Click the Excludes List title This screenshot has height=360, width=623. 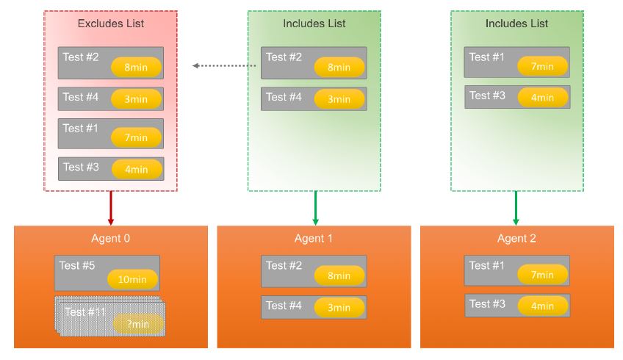(x=111, y=24)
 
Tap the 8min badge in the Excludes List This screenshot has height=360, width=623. (x=137, y=67)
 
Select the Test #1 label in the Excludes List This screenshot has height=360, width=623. (x=80, y=129)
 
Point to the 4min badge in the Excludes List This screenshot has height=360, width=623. (x=137, y=169)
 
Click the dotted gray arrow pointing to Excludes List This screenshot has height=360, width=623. (x=224, y=65)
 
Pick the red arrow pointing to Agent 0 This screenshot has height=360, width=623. (x=111, y=208)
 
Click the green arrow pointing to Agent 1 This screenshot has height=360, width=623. (x=315, y=208)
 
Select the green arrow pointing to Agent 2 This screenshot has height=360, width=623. (x=516, y=208)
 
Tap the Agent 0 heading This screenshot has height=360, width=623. (x=110, y=239)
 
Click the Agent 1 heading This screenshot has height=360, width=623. (x=314, y=239)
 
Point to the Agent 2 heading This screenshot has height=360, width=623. (x=516, y=239)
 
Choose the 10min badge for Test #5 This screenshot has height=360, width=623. (x=132, y=279)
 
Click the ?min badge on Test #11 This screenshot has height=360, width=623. (x=138, y=324)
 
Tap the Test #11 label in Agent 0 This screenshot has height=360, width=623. (x=85, y=312)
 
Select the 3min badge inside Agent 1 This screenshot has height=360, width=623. (x=339, y=308)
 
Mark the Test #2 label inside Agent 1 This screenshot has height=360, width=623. (x=284, y=265)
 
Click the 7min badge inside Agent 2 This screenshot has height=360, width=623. (x=542, y=275)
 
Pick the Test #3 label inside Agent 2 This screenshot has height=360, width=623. (x=487, y=304)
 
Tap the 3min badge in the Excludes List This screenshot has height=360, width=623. (x=136, y=99)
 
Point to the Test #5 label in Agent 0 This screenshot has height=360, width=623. (x=77, y=265)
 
